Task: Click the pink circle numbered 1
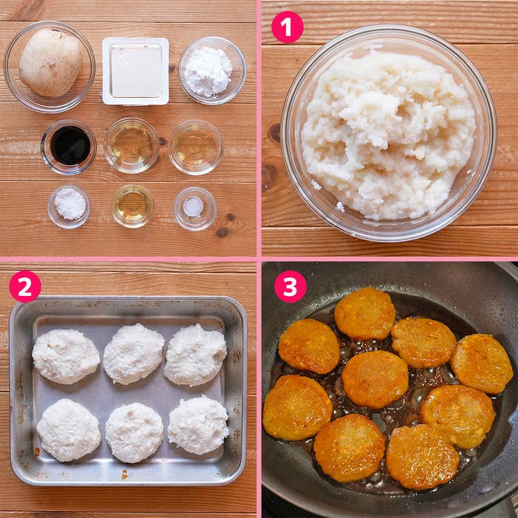[x=287, y=27]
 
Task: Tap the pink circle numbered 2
[x=25, y=287]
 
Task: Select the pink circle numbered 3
[x=290, y=287]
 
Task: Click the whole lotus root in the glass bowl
[x=50, y=63]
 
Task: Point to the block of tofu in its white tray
[x=135, y=71]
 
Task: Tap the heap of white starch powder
[x=208, y=72]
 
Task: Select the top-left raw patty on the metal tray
[x=66, y=357]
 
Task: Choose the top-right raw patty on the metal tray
[x=195, y=355]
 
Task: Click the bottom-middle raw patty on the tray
[x=134, y=432]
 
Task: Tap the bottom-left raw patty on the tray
[x=69, y=430]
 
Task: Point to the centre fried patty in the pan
[x=375, y=379]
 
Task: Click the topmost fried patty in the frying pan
[x=365, y=314]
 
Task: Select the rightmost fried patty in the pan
[x=482, y=364]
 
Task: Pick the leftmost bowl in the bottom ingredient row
[x=69, y=206]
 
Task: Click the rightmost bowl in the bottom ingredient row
[x=195, y=209]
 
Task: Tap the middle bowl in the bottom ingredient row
[x=132, y=206]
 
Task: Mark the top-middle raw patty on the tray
[x=133, y=354]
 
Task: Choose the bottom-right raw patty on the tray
[x=198, y=425]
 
